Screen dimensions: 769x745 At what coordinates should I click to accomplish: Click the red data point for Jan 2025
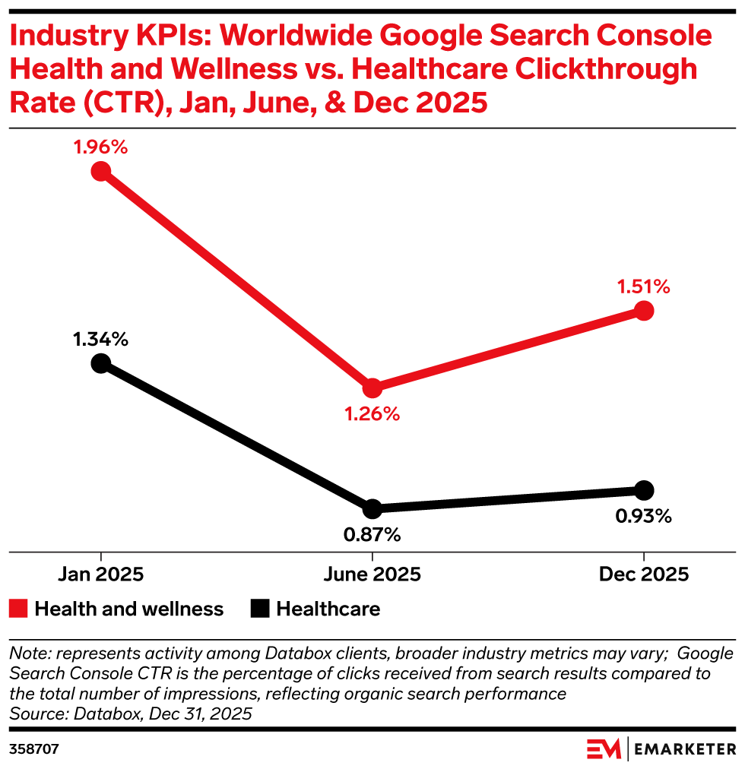[100, 171]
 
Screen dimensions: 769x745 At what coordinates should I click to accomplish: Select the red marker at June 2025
[372, 388]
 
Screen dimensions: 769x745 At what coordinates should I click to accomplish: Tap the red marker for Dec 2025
[643, 310]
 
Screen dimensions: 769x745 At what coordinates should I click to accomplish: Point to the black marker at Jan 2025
[100, 363]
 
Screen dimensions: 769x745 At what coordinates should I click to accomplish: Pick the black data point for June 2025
[372, 508]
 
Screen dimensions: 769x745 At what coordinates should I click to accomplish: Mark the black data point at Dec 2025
[643, 489]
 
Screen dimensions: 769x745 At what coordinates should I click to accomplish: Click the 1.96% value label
[100, 147]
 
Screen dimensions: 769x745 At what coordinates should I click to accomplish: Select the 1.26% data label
[372, 414]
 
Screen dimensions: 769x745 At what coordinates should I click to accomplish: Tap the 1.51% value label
[643, 286]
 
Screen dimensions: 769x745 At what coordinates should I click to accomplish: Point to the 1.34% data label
[100, 339]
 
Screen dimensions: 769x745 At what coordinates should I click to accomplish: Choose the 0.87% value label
[372, 534]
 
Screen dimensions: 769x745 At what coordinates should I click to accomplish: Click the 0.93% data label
[643, 516]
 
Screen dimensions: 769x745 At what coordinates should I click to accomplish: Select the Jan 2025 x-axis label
[100, 574]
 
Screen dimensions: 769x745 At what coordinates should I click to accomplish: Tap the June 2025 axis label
[372, 574]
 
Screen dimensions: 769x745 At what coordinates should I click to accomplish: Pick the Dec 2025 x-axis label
[643, 574]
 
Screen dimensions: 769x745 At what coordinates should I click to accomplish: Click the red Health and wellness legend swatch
[19, 609]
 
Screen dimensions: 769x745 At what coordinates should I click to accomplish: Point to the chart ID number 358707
[34, 748]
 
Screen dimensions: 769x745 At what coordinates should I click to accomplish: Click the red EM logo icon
[604, 748]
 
